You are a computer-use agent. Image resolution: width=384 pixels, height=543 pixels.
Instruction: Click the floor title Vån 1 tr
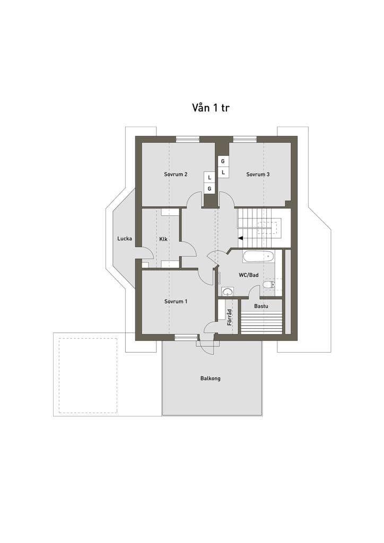(x=211, y=108)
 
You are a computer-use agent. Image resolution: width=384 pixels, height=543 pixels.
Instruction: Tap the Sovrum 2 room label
(x=176, y=174)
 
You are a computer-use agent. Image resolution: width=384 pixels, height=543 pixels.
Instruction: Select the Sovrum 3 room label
(x=258, y=174)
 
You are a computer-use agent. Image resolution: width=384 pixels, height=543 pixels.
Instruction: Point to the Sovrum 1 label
(x=176, y=301)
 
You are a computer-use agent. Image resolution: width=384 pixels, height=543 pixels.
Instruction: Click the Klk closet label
(x=163, y=239)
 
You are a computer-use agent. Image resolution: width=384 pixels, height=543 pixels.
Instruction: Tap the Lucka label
(x=124, y=238)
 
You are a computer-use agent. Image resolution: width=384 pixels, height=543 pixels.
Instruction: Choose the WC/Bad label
(x=249, y=275)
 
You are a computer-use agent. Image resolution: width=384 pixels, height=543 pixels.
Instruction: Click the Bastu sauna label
(x=261, y=306)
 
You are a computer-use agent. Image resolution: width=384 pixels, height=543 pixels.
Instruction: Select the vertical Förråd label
(x=229, y=317)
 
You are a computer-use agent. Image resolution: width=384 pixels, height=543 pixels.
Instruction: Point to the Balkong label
(x=210, y=378)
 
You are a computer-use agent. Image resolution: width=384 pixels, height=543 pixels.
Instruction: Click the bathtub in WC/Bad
(x=258, y=257)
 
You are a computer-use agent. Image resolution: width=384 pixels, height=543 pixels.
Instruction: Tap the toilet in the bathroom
(x=269, y=285)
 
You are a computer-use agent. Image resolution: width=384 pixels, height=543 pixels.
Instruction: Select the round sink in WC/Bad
(x=228, y=292)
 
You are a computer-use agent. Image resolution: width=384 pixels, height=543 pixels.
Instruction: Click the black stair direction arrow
(x=240, y=238)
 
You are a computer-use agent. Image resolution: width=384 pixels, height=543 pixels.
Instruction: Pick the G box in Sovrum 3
(x=223, y=161)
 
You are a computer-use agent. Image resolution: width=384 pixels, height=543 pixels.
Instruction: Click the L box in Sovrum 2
(x=209, y=177)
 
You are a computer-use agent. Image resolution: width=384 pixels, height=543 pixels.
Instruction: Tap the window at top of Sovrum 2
(x=188, y=139)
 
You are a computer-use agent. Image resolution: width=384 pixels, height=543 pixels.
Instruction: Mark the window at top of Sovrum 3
(x=245, y=139)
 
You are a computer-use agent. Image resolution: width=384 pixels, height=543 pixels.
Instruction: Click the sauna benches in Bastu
(x=262, y=323)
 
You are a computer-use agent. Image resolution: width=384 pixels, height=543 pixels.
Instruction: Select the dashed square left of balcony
(x=88, y=375)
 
